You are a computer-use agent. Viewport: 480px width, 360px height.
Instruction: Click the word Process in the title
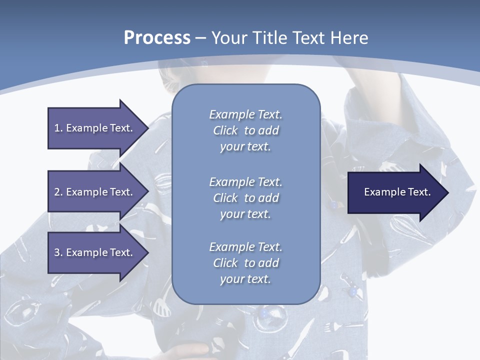click(x=157, y=38)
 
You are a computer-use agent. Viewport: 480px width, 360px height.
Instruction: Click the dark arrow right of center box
click(x=395, y=192)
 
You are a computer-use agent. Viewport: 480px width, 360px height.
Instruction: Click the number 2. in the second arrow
click(x=58, y=192)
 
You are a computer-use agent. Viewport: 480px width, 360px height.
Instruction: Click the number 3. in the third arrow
click(x=58, y=252)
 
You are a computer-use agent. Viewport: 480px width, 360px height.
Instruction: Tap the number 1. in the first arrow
click(x=58, y=128)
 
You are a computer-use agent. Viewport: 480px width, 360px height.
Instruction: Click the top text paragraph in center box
click(x=245, y=130)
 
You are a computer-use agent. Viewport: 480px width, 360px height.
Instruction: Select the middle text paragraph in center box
click(x=245, y=198)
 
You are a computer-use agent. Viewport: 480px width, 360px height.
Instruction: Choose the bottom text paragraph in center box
click(x=245, y=263)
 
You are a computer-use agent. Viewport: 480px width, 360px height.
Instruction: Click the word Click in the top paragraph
click(x=225, y=130)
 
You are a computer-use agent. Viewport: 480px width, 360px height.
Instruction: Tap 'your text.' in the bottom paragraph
click(x=245, y=279)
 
